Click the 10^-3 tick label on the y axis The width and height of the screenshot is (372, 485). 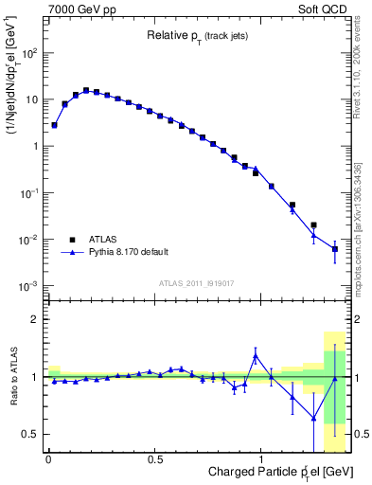pos(29,286)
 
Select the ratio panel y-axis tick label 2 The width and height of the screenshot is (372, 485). pos(36,319)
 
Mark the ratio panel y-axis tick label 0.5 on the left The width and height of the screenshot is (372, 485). pos(32,434)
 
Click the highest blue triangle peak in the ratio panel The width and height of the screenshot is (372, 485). pos(256,356)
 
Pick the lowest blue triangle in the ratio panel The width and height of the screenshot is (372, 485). pos(313,418)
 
